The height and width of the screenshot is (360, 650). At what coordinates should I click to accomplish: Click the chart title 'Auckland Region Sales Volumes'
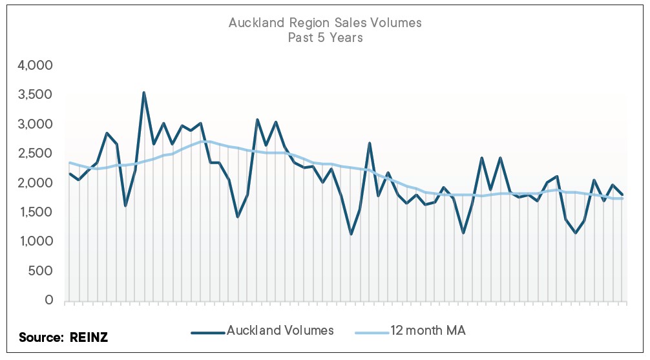coord(325,23)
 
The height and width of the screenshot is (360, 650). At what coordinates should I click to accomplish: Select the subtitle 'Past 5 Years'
coord(325,37)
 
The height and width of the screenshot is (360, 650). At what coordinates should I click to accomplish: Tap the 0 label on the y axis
coord(49,301)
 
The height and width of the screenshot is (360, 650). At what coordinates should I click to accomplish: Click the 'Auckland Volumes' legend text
coord(280,330)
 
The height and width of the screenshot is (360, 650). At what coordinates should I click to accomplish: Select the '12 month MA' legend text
coord(428,330)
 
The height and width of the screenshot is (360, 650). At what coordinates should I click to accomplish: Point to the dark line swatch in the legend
coord(207,332)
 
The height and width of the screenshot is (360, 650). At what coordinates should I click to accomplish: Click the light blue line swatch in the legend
coord(372,332)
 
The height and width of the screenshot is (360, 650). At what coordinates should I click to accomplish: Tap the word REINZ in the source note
coord(90,337)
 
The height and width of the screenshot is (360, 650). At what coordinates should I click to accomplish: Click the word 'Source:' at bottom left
coord(40,337)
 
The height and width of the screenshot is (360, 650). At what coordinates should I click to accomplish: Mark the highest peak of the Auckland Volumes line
coord(144,92)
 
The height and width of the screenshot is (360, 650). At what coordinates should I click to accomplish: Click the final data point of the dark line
coord(622,195)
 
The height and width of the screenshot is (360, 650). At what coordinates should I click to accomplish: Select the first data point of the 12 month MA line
coord(70,163)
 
